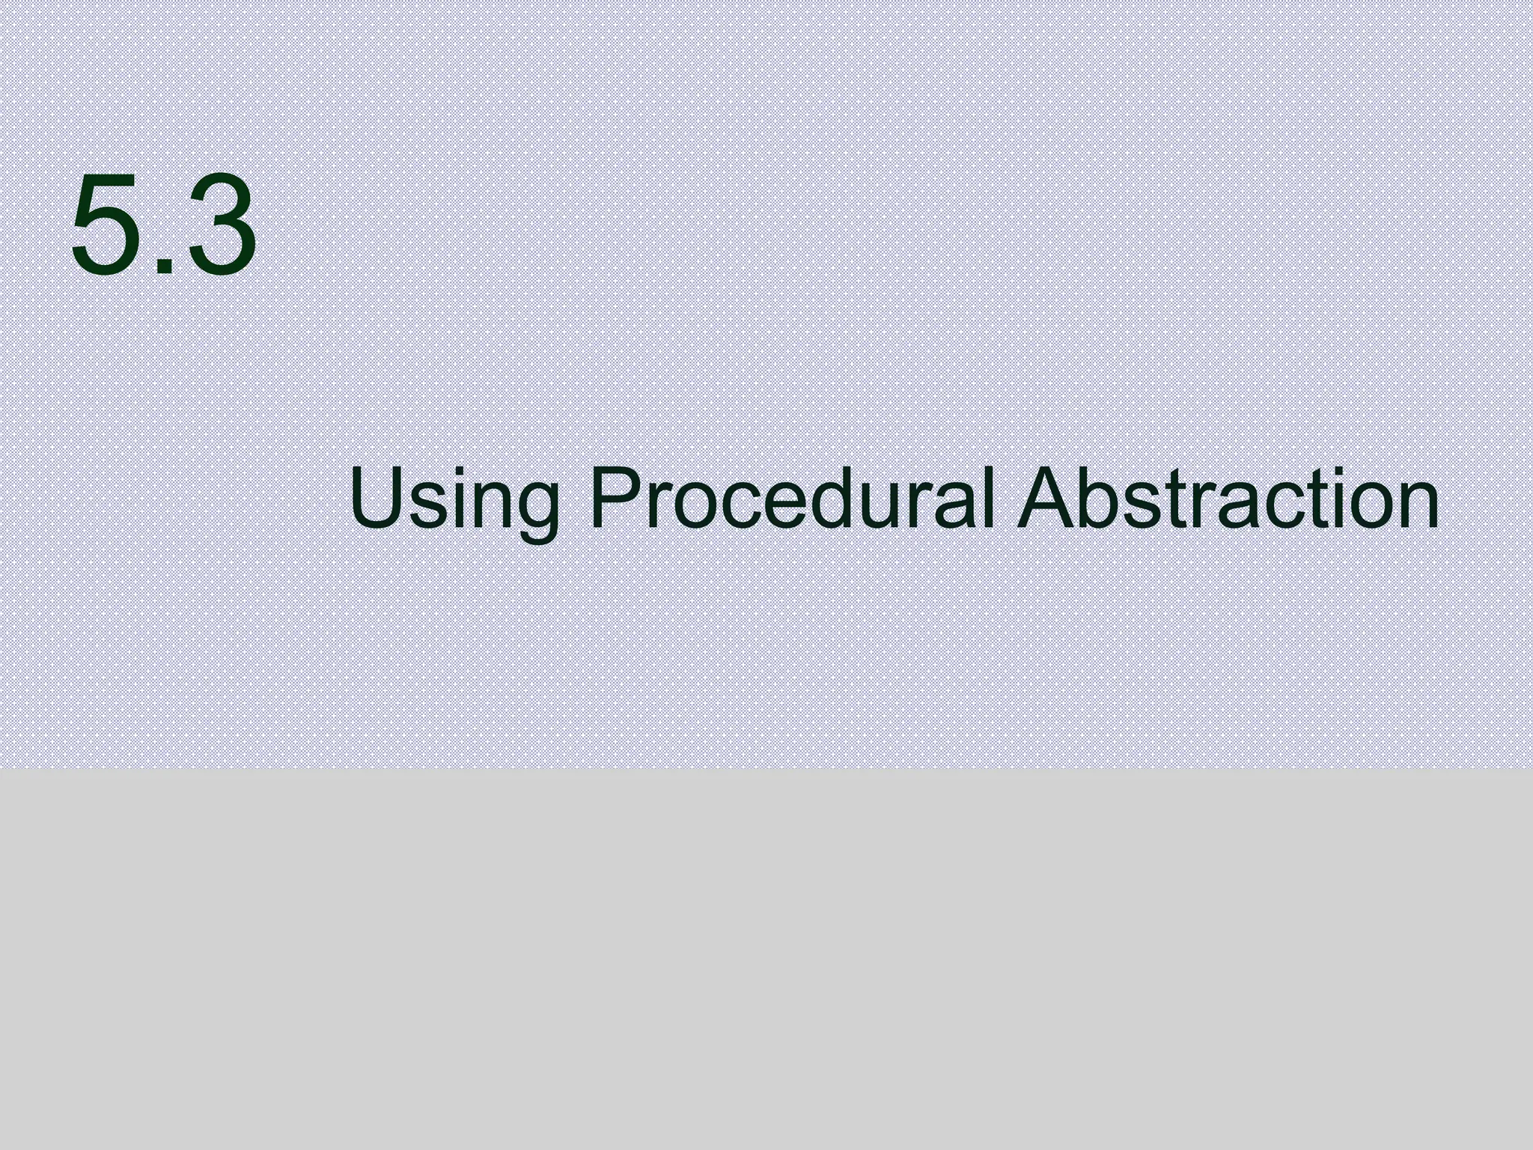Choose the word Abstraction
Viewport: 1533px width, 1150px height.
tap(1227, 497)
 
